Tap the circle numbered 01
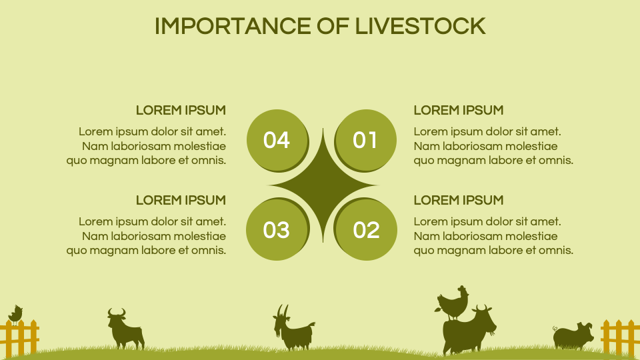(x=365, y=140)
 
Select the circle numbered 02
(x=365, y=230)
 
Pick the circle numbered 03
(x=276, y=230)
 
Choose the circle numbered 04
(x=276, y=140)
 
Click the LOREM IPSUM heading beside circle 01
(x=459, y=110)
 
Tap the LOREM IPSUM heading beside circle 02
(x=459, y=200)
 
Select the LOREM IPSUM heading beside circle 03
(x=181, y=200)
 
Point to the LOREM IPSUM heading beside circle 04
(x=181, y=110)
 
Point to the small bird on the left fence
(x=15, y=313)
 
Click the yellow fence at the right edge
(x=619, y=337)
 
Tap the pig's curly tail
(x=555, y=329)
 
